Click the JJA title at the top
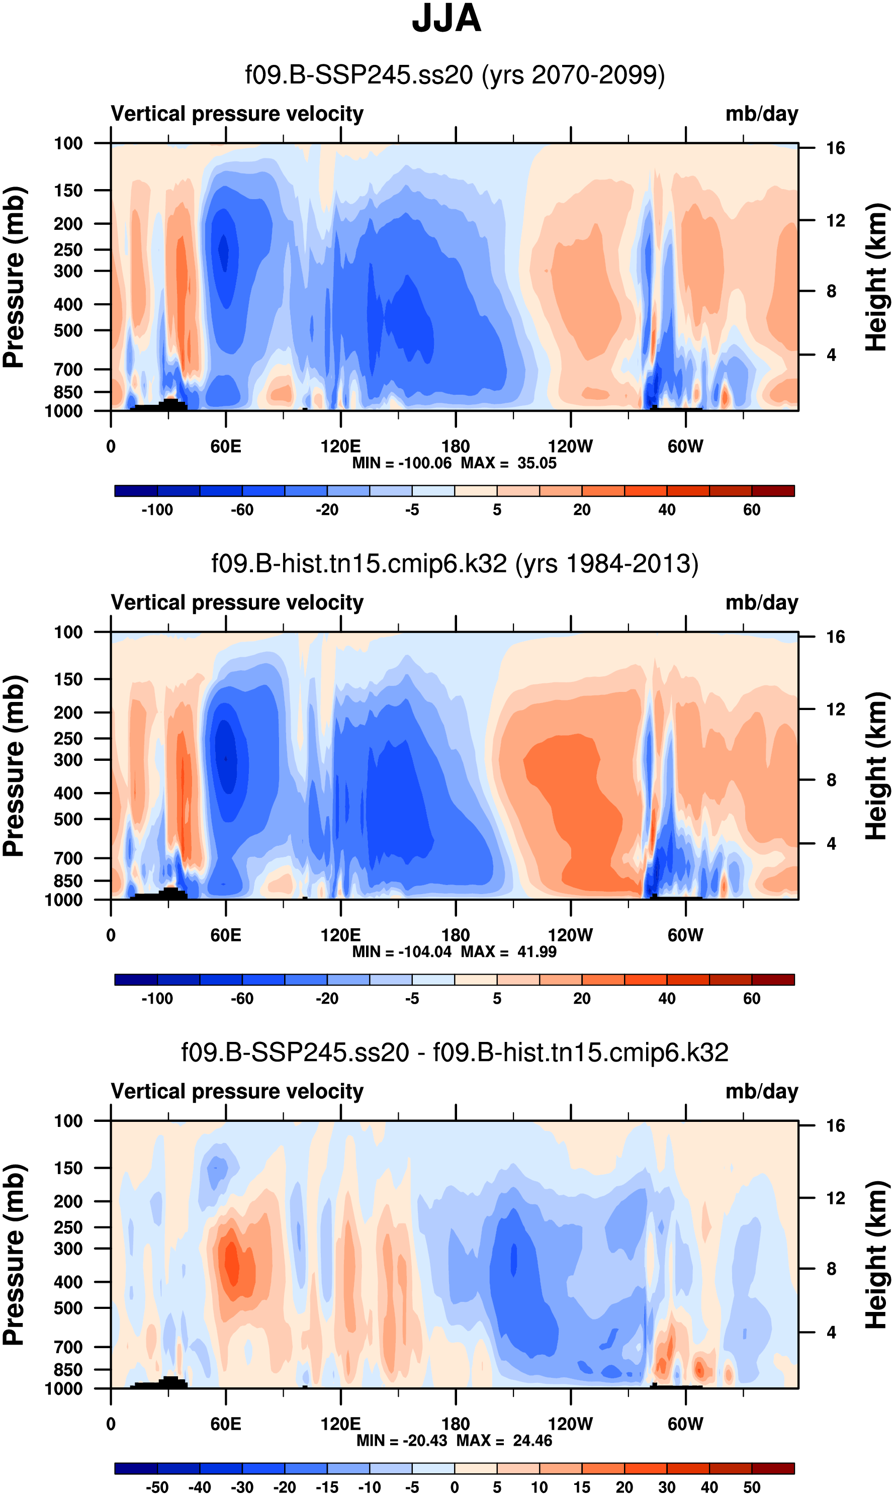pyautogui.click(x=446, y=19)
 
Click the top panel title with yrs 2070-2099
pyautogui.click(x=455, y=75)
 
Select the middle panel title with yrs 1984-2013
pyautogui.click(x=455, y=563)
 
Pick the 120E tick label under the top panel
pyautogui.click(x=340, y=447)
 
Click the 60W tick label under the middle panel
pyautogui.click(x=685, y=935)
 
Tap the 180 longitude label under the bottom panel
pyautogui.click(x=456, y=1424)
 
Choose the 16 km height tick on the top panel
pyautogui.click(x=835, y=148)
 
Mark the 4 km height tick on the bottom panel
pyautogui.click(x=831, y=1332)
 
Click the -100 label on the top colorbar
pyautogui.click(x=157, y=510)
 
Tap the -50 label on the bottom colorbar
pyautogui.click(x=157, y=1487)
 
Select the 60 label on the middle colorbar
pyautogui.click(x=751, y=998)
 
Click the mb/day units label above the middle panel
pyautogui.click(x=761, y=602)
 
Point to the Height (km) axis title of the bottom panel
pyautogui.click(x=876, y=1255)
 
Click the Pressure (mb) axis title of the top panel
pyautogui.click(x=15, y=277)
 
